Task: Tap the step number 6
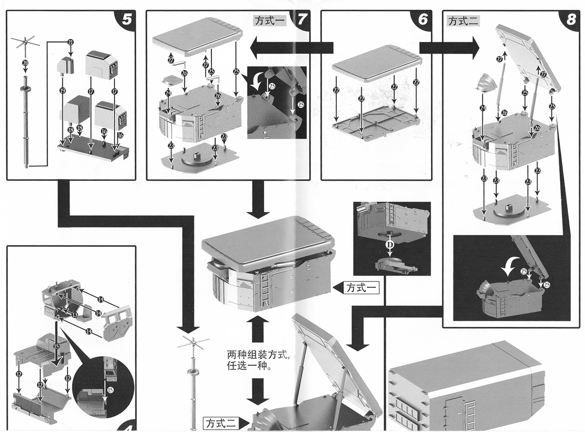[422, 19]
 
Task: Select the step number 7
[301, 19]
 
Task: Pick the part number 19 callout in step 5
[63, 91]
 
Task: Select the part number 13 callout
[75, 315]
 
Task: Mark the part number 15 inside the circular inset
[110, 389]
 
